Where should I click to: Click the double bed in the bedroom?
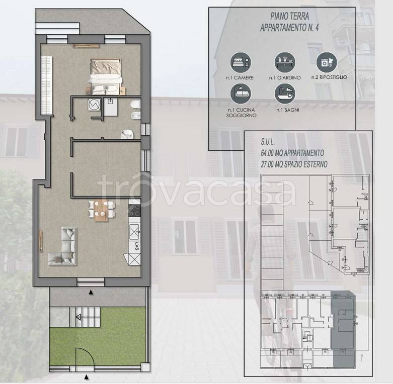(106, 77)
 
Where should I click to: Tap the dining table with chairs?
(102, 210)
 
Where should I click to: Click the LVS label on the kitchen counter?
(136, 246)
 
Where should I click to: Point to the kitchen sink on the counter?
(134, 231)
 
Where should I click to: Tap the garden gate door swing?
(85, 357)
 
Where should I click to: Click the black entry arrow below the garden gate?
(87, 376)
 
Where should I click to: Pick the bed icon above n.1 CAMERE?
(241, 63)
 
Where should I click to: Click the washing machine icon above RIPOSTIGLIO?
(327, 63)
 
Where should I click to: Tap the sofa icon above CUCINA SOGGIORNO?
(241, 93)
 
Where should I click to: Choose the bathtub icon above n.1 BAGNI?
(285, 93)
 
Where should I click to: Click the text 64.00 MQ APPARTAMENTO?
(292, 153)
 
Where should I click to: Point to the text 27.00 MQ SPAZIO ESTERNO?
(294, 164)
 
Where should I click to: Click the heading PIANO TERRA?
(289, 16)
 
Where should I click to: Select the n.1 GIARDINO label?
(285, 78)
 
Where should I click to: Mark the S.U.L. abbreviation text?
(268, 142)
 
